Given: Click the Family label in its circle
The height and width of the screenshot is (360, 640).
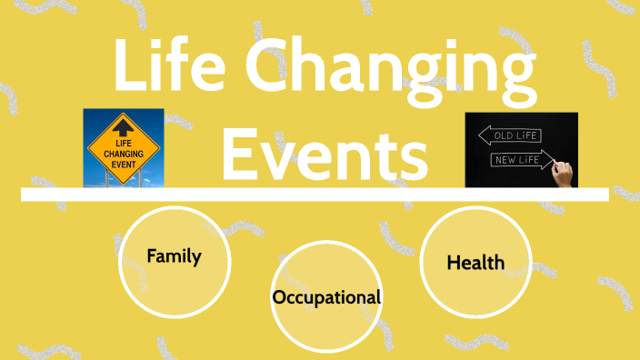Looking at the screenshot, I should coord(174,255).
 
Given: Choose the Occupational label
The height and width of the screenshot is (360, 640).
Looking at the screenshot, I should coord(325,297).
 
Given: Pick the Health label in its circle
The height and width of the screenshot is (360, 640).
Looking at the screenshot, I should coord(475,262).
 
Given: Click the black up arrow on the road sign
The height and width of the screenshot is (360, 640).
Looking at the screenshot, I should coord(124,126).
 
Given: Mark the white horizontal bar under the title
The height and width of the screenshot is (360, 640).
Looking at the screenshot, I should coord(315,194).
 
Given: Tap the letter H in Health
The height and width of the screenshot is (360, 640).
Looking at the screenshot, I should coord(453,262).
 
